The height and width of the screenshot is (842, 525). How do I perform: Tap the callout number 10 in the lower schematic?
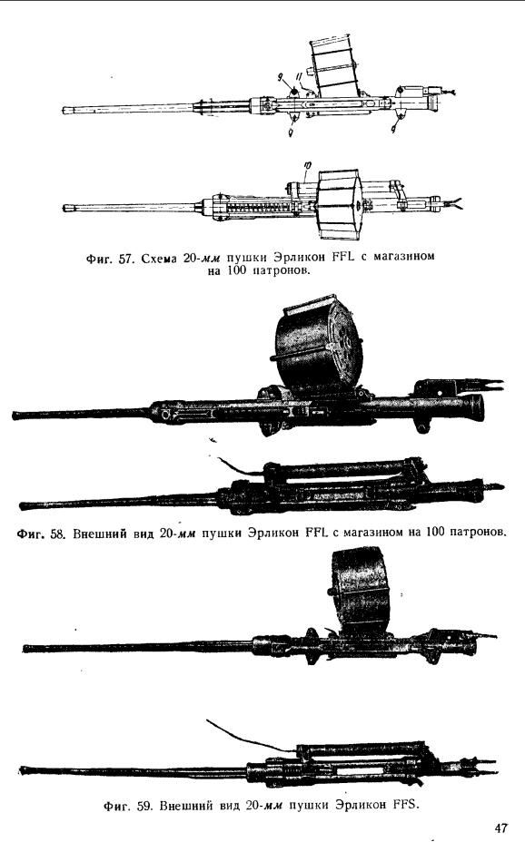(x=305, y=168)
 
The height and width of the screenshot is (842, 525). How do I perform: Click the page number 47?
(x=500, y=827)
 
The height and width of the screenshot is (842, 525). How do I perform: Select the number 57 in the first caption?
(x=125, y=259)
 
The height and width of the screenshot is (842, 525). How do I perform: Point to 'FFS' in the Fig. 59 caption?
(x=406, y=805)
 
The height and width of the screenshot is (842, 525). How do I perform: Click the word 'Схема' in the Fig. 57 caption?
(x=160, y=259)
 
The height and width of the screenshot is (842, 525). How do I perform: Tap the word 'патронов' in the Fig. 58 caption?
(x=477, y=533)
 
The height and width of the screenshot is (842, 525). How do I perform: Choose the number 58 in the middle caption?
(x=57, y=534)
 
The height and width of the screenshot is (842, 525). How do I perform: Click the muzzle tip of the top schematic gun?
(x=64, y=109)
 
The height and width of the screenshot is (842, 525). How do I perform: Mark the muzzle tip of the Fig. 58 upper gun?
(x=15, y=416)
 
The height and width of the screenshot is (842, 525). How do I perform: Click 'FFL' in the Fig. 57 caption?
(x=343, y=259)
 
